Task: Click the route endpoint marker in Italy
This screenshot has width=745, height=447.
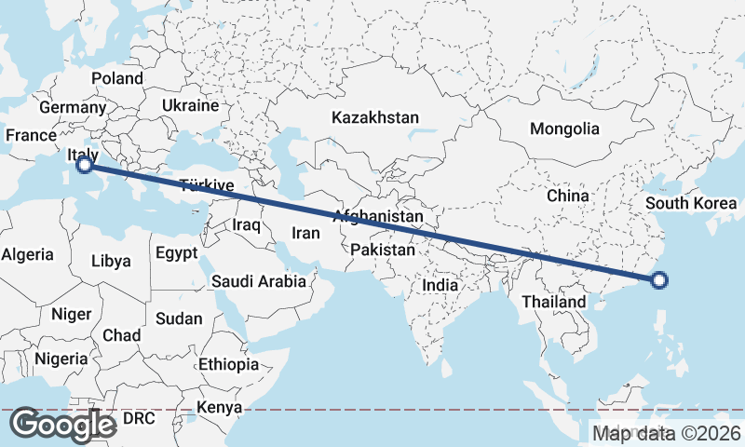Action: [85, 165]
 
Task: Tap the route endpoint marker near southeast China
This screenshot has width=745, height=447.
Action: [659, 279]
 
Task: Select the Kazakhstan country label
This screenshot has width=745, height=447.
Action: [375, 118]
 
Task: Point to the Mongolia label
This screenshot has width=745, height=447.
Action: [564, 129]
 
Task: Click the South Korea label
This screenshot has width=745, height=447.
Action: [691, 204]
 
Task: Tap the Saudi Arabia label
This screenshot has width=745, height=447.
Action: [259, 280]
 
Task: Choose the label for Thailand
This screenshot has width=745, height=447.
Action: [554, 302]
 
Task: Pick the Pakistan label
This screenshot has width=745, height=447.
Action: [383, 251]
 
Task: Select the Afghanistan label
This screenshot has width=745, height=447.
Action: [378, 217]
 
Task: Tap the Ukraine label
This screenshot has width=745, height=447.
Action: [190, 106]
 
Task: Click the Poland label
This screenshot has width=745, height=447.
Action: [117, 79]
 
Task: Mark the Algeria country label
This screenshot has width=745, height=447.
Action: [28, 253]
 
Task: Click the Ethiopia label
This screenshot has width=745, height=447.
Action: [228, 364]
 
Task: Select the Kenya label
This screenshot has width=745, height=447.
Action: [219, 407]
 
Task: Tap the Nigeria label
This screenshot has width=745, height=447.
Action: [61, 359]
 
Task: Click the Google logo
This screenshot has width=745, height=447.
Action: [63, 425]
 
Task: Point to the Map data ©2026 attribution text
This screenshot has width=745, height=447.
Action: [667, 433]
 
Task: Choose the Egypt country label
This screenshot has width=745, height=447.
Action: [177, 252]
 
